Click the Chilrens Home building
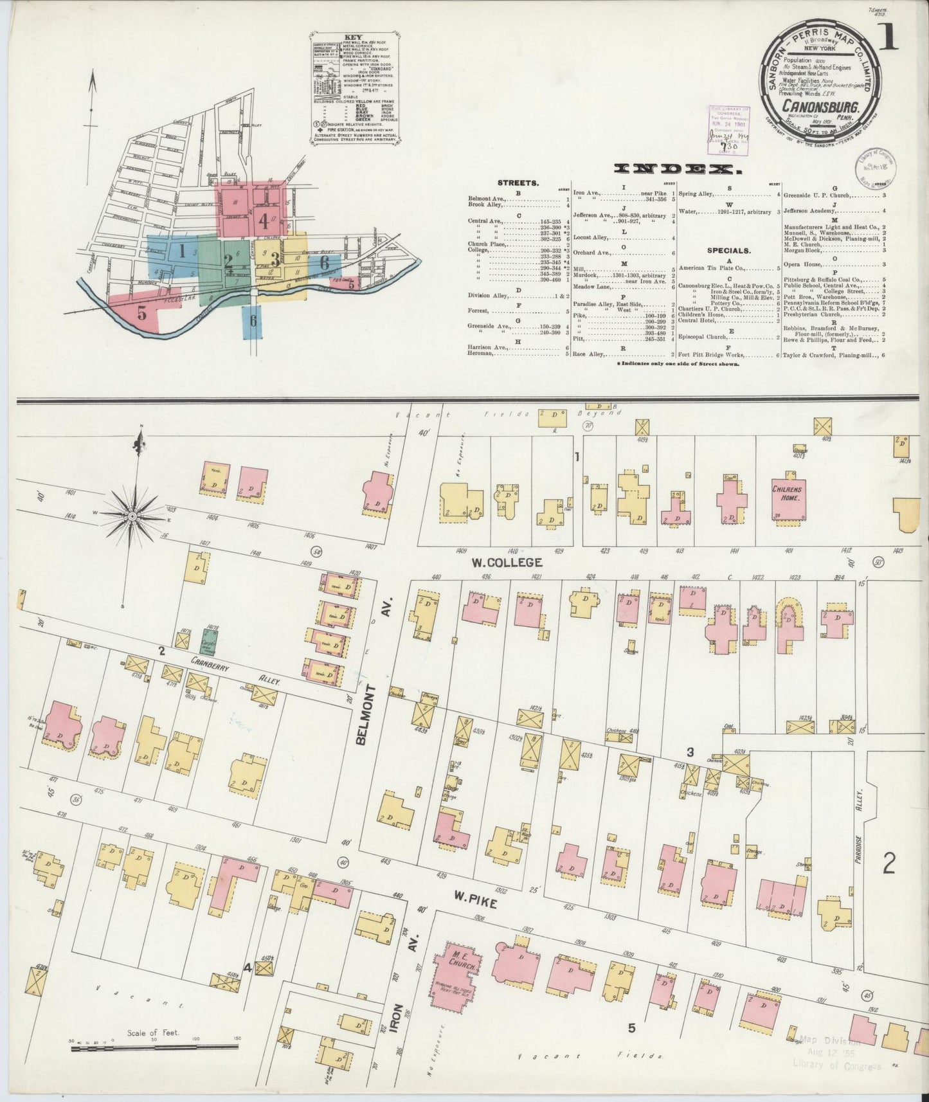pos(789,498)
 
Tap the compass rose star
pos(133,515)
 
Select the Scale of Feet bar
pos(154,1048)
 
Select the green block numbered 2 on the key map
pos(227,260)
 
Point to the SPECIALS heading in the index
pos(729,251)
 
